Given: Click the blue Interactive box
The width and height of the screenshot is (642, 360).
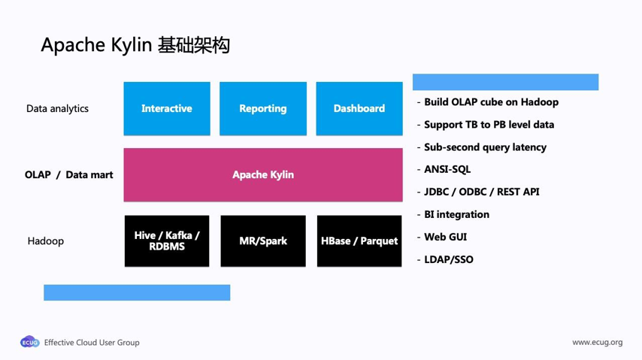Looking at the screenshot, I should pyautogui.click(x=167, y=109).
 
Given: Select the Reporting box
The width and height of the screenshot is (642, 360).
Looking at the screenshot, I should pyautogui.click(x=263, y=109).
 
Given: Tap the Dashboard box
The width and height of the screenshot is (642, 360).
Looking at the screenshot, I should pyautogui.click(x=359, y=109).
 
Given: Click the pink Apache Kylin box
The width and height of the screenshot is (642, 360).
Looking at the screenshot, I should pyautogui.click(x=263, y=175).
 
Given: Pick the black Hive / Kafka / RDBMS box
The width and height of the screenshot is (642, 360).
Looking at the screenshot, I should pyautogui.click(x=167, y=241).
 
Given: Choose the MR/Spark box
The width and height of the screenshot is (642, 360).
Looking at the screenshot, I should pyautogui.click(x=263, y=241).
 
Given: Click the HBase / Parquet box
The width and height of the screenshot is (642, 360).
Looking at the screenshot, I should pyautogui.click(x=359, y=241).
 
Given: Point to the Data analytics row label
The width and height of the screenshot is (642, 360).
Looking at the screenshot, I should pyautogui.click(x=57, y=109).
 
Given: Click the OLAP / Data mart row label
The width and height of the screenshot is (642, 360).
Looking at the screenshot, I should pyautogui.click(x=68, y=175).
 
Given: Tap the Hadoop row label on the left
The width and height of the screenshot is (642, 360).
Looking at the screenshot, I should pyautogui.click(x=46, y=241).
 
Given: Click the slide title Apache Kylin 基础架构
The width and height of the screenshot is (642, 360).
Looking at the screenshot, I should pyautogui.click(x=135, y=45).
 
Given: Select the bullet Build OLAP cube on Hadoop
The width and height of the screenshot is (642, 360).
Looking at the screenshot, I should pyautogui.click(x=491, y=102).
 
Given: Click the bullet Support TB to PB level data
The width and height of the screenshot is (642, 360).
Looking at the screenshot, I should pyautogui.click(x=489, y=125).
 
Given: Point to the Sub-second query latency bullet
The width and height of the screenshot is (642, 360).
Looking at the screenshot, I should pyautogui.click(x=485, y=147).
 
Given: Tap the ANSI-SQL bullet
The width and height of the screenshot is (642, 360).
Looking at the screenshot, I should pyautogui.click(x=447, y=170).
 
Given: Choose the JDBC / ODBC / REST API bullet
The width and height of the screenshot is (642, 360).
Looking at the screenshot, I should pyautogui.click(x=481, y=192).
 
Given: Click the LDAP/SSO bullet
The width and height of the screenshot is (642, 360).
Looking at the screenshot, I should pyautogui.click(x=448, y=260).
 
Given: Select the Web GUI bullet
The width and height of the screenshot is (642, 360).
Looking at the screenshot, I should pyautogui.click(x=445, y=237).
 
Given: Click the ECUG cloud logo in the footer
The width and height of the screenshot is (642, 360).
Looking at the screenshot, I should pyautogui.click(x=29, y=342).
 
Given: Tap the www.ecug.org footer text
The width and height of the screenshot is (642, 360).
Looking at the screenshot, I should pyautogui.click(x=597, y=343).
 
